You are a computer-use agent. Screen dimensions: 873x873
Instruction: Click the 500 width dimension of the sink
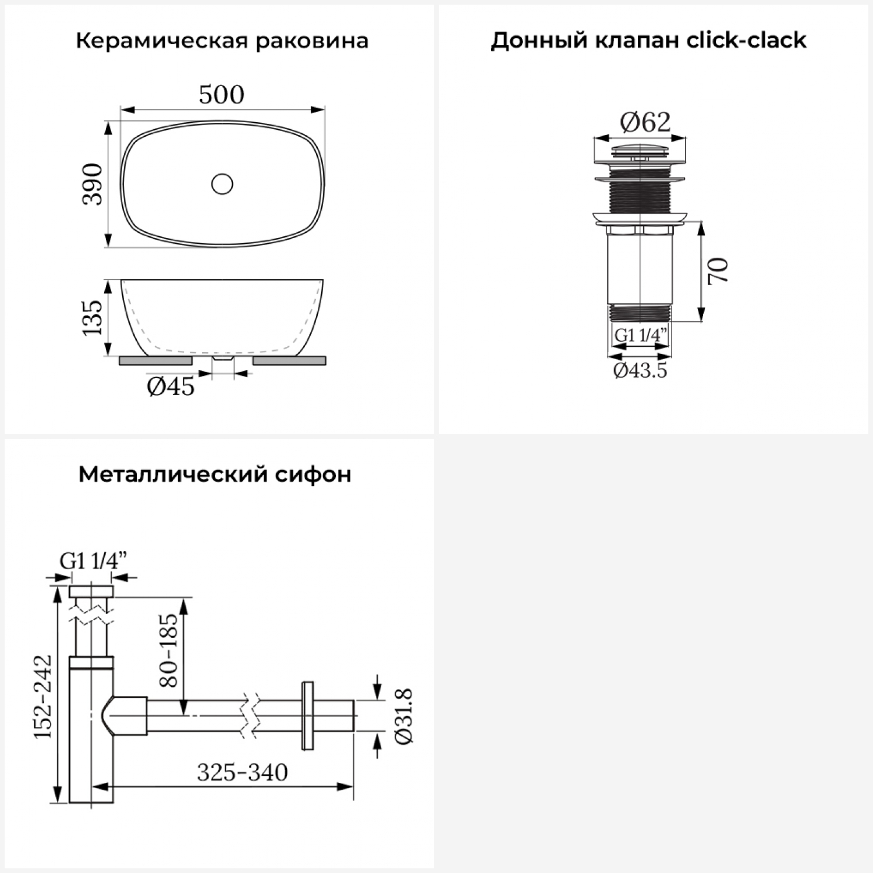pyautogui.click(x=222, y=95)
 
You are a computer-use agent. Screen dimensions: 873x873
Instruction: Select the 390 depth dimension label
pyautogui.click(x=93, y=184)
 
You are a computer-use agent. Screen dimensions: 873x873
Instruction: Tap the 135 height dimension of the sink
pyautogui.click(x=92, y=317)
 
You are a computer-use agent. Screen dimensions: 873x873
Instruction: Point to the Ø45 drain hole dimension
pyautogui.click(x=171, y=386)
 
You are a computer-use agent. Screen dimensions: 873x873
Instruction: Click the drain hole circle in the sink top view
pyautogui.click(x=222, y=184)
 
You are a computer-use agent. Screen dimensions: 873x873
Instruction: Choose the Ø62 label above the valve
pyautogui.click(x=645, y=122)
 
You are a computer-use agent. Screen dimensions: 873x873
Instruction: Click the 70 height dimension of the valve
pyautogui.click(x=718, y=270)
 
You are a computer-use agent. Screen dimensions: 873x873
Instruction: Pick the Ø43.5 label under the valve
pyautogui.click(x=640, y=370)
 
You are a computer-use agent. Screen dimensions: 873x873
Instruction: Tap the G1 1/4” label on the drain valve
pyautogui.click(x=641, y=335)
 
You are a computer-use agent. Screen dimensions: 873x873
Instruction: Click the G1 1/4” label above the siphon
pyautogui.click(x=93, y=561)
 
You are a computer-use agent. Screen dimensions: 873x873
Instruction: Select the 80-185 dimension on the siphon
pyautogui.click(x=168, y=650)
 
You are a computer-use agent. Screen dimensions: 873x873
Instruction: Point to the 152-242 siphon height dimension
pyautogui.click(x=42, y=697)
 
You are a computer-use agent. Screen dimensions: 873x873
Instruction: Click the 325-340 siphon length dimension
pyautogui.click(x=242, y=772)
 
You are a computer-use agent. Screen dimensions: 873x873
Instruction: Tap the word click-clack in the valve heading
pyautogui.click(x=747, y=40)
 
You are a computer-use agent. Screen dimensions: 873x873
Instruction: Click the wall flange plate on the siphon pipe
pyautogui.click(x=308, y=715)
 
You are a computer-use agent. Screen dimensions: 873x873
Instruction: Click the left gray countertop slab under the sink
pyautogui.click(x=155, y=361)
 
